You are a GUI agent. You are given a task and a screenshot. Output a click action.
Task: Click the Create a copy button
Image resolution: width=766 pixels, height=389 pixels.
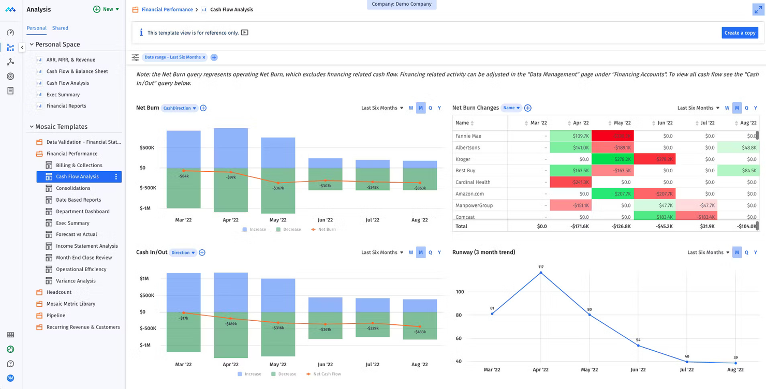(x=740, y=33)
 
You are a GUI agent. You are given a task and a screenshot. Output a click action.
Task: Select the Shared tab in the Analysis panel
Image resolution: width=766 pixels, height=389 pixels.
(x=60, y=28)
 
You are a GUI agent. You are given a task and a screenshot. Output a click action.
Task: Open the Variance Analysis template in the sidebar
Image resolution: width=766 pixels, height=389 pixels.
(x=76, y=281)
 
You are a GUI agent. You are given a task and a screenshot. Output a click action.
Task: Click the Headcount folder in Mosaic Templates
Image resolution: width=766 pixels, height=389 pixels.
(x=59, y=292)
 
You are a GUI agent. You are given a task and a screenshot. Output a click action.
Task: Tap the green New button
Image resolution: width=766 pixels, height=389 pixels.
(x=107, y=9)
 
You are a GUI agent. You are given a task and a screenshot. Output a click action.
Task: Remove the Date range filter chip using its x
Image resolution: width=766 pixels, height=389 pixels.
(x=204, y=57)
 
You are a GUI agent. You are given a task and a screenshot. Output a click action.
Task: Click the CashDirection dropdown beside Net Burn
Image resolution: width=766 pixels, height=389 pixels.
(x=180, y=108)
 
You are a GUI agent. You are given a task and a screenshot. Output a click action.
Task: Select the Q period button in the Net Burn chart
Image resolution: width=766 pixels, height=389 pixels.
(x=430, y=108)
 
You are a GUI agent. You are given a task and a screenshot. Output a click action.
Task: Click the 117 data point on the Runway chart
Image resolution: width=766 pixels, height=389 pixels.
(x=541, y=273)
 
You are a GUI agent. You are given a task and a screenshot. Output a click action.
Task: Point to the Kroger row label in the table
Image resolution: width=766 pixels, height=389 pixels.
(x=463, y=159)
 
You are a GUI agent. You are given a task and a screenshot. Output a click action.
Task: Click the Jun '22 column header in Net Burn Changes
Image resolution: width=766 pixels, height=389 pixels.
(x=665, y=123)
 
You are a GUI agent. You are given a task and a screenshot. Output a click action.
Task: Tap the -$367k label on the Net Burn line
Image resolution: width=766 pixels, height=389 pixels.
(x=278, y=188)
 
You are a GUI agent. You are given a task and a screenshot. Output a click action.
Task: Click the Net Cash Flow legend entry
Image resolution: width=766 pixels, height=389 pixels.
(x=327, y=373)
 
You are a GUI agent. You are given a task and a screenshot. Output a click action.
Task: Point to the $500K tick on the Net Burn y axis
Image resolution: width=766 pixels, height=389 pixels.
(x=146, y=147)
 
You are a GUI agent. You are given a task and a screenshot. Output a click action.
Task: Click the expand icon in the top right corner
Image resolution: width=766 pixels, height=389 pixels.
(x=758, y=9)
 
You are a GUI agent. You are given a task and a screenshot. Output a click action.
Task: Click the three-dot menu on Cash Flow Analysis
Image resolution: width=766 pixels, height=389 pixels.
(x=116, y=177)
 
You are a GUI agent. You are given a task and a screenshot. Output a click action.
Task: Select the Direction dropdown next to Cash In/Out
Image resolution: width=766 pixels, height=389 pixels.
(x=183, y=252)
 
